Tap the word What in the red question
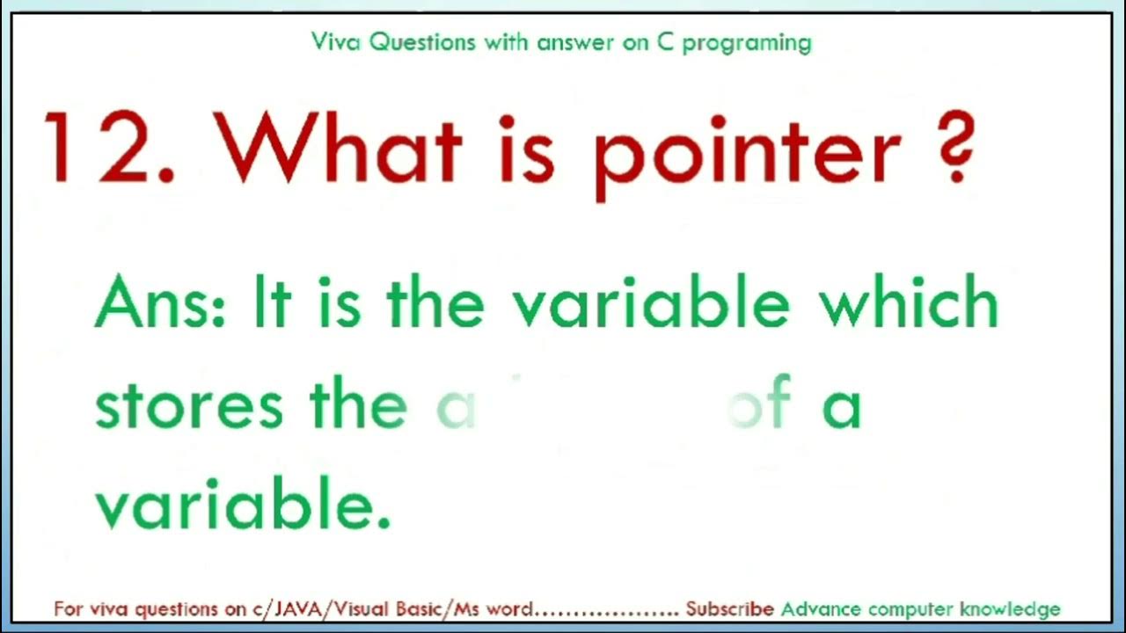pyautogui.click(x=339, y=148)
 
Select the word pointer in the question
pyautogui.click(x=748, y=154)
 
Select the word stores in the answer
pyautogui.click(x=189, y=405)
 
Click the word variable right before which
pyautogui.click(x=651, y=302)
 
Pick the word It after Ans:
pyautogui.click(x=271, y=302)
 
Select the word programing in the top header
pyautogui.click(x=747, y=43)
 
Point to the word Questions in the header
pyautogui.click(x=423, y=41)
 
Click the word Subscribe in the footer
pyautogui.click(x=729, y=608)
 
